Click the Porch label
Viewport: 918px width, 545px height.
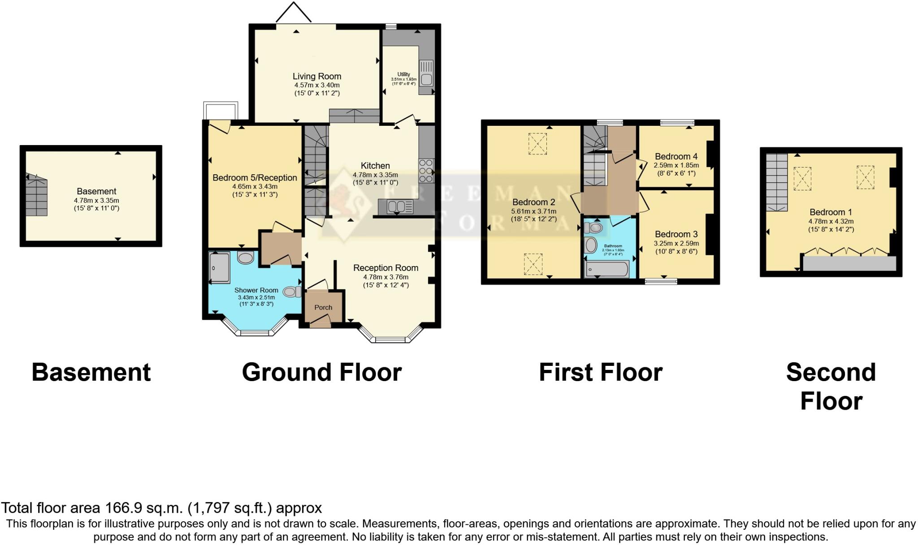click(x=323, y=308)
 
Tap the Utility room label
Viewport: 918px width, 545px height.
click(x=403, y=74)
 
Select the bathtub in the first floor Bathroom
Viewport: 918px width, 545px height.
click(x=607, y=270)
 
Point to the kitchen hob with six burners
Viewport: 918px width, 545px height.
click(x=426, y=171)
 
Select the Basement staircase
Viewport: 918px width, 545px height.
click(x=36, y=196)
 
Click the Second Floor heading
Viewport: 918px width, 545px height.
click(x=831, y=386)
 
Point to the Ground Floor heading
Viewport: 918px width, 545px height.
click(x=321, y=372)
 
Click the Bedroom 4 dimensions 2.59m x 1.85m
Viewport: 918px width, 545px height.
click(x=676, y=165)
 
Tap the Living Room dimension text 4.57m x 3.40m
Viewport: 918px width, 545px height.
click(x=316, y=85)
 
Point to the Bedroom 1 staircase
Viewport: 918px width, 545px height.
click(x=776, y=182)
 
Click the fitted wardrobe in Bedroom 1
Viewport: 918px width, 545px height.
click(x=849, y=263)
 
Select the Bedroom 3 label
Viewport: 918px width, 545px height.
click(x=676, y=234)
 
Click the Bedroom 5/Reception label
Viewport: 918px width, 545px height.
click(x=255, y=178)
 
